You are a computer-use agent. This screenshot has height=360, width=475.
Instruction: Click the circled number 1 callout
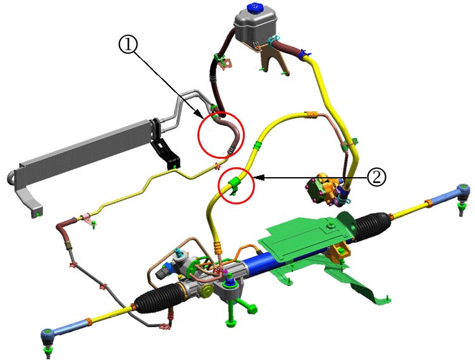point(128,44)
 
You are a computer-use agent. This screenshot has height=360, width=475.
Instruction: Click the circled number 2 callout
point(376,177)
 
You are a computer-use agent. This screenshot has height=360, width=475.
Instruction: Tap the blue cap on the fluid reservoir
point(255,8)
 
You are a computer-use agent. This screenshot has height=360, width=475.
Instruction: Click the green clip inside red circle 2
point(234,183)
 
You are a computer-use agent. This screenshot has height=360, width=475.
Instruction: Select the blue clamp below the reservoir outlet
point(304,54)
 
